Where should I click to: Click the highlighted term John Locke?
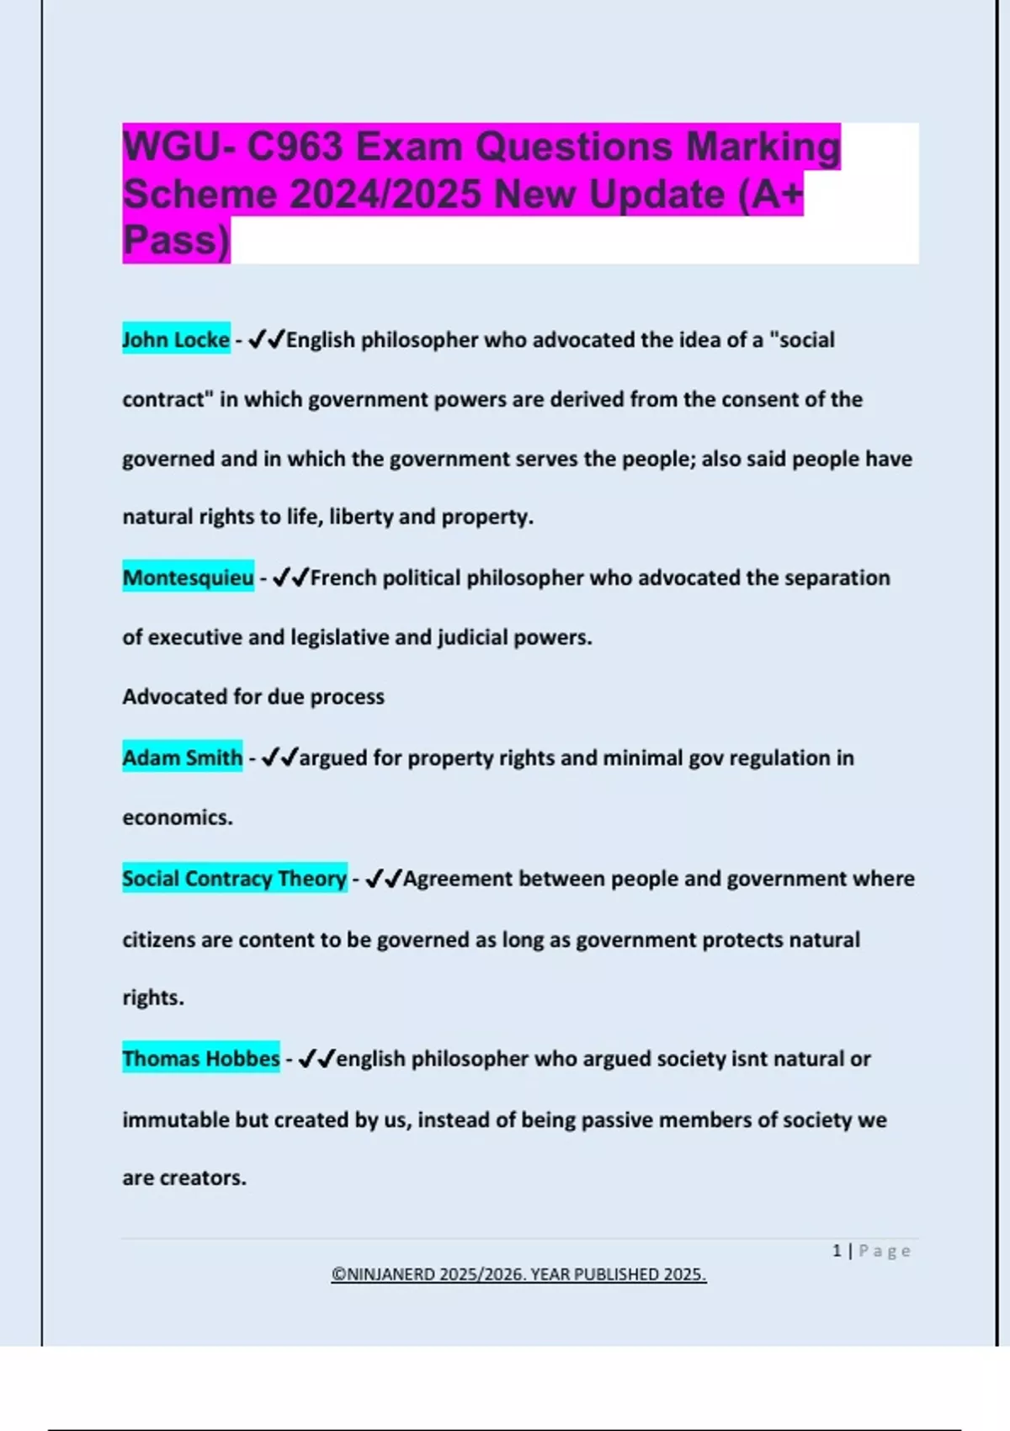tap(176, 339)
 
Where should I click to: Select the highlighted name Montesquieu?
tap(188, 577)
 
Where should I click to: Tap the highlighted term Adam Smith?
tap(182, 758)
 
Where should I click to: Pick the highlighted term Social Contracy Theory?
tap(234, 878)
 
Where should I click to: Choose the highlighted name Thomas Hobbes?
tap(200, 1058)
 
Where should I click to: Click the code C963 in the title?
tap(295, 146)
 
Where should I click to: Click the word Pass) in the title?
tap(176, 241)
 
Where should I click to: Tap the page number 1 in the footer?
tap(837, 1251)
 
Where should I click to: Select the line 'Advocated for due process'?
tap(253, 697)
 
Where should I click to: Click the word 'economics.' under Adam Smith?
tap(178, 817)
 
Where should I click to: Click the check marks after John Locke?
tap(267, 339)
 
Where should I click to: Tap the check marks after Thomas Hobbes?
tap(316, 1058)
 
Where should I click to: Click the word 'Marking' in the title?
tap(763, 146)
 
